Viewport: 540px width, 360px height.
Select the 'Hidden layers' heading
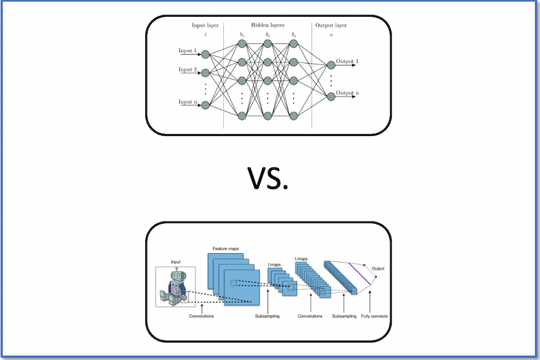pos(268,26)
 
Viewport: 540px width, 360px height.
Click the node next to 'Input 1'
pos(205,55)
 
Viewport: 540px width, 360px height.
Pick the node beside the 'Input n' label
pos(205,105)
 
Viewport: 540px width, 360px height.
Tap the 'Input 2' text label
pos(188,70)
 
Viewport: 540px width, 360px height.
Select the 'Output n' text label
pos(347,93)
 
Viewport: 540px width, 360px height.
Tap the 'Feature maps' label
pos(226,248)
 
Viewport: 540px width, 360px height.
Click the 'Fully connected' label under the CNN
pos(374,316)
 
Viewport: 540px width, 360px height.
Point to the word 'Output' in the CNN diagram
pos(378,268)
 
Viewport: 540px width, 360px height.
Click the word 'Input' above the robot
pos(175,262)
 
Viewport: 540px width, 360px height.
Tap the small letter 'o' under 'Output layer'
pos(331,35)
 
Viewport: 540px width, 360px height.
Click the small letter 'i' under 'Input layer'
pos(206,35)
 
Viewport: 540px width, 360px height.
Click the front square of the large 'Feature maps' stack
pos(241,288)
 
